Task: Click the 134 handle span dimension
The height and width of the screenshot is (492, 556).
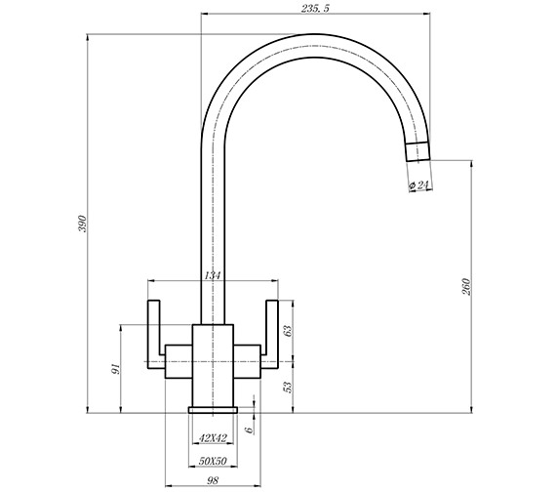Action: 213,276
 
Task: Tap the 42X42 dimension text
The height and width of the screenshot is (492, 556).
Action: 213,438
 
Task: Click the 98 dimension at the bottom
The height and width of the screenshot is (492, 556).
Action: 213,480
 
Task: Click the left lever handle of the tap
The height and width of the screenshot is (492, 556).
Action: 154,332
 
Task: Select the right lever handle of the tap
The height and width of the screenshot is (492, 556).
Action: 270,332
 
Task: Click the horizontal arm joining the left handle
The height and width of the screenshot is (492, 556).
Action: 178,357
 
